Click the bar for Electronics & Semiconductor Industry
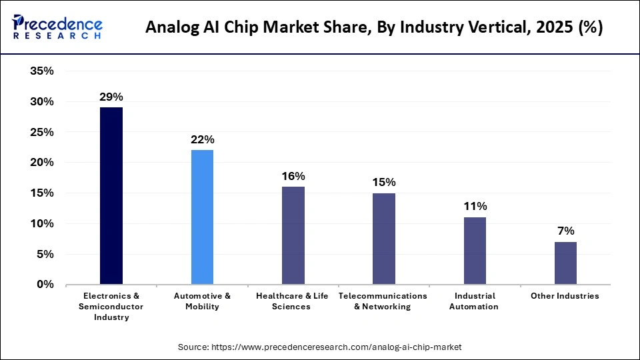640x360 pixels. pyautogui.click(x=111, y=196)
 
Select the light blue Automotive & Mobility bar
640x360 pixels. pyautogui.click(x=202, y=217)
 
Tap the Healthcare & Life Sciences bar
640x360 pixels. pyautogui.click(x=293, y=235)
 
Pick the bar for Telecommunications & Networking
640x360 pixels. pyautogui.click(x=384, y=239)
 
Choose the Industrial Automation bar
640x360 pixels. pyautogui.click(x=475, y=251)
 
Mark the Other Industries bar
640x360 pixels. pyautogui.click(x=565, y=263)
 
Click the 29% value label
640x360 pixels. pyautogui.click(x=111, y=97)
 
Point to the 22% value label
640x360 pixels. pyautogui.click(x=202, y=140)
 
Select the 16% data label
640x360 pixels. pyautogui.click(x=293, y=176)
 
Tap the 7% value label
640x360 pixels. pyautogui.click(x=565, y=231)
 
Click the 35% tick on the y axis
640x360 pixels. pyautogui.click(x=41, y=71)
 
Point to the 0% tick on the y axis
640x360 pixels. pyautogui.click(x=45, y=285)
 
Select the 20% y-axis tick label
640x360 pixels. pyautogui.click(x=41, y=163)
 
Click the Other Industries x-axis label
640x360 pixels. pyautogui.click(x=565, y=296)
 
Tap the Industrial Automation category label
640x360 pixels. pyautogui.click(x=474, y=301)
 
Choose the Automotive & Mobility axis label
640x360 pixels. pyautogui.click(x=202, y=301)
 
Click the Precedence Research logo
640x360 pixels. pyautogui.click(x=57, y=27)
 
